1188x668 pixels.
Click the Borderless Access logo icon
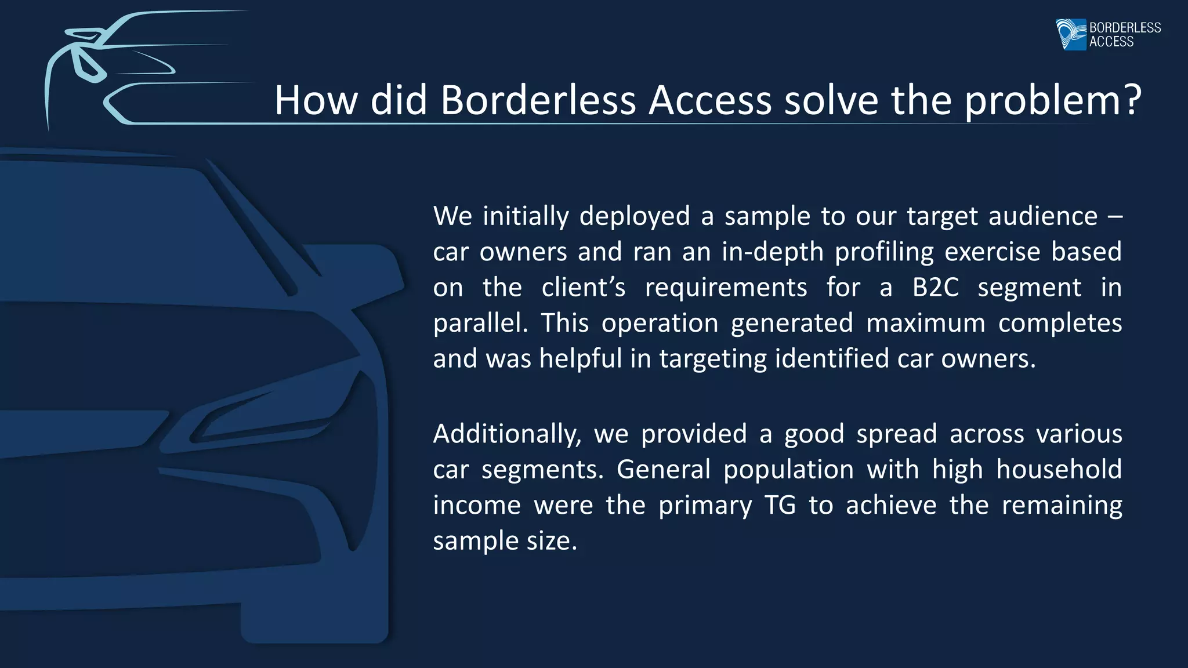(x=1071, y=34)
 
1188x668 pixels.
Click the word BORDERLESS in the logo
(x=1125, y=27)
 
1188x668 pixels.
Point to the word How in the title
(x=316, y=100)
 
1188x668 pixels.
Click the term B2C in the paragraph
(x=935, y=288)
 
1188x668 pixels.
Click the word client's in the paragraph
(x=583, y=288)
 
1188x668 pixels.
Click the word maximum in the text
(x=925, y=323)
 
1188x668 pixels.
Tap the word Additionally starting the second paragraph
(x=506, y=434)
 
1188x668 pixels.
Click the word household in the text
(x=1059, y=469)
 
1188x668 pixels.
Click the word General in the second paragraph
(x=663, y=469)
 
